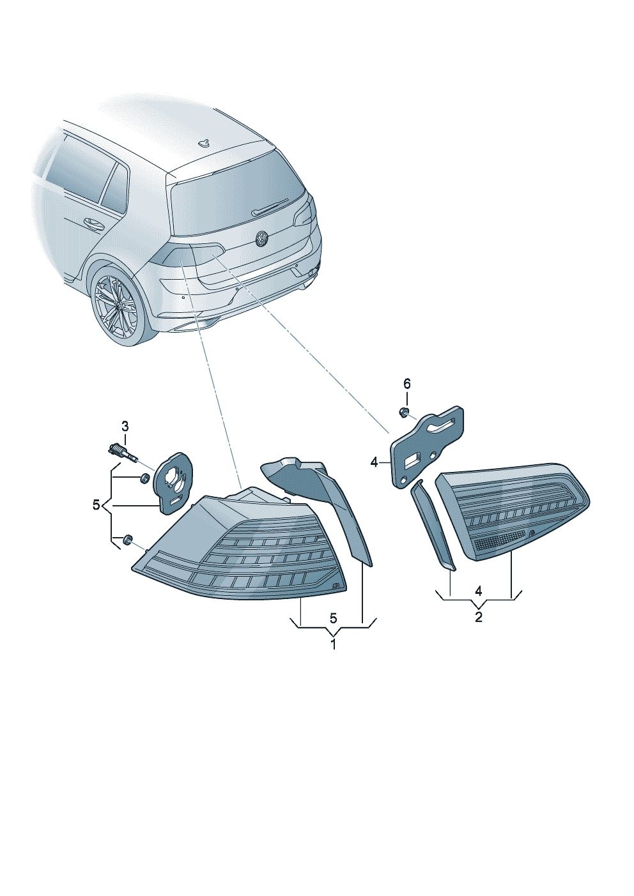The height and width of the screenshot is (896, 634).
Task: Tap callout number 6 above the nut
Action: coord(406,384)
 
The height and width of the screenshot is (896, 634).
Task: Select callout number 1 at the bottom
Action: coord(333,644)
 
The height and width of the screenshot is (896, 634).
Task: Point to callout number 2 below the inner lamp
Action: coord(479,617)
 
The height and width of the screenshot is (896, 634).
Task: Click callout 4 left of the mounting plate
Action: coord(375,463)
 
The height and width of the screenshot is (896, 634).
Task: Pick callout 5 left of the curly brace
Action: coord(96,505)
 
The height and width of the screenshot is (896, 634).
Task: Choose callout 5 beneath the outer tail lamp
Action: coord(334,618)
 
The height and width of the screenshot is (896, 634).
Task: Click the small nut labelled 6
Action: coord(405,412)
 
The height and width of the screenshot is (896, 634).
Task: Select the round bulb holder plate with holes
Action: coord(174,482)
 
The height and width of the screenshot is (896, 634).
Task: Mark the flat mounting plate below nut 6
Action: coord(427,447)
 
